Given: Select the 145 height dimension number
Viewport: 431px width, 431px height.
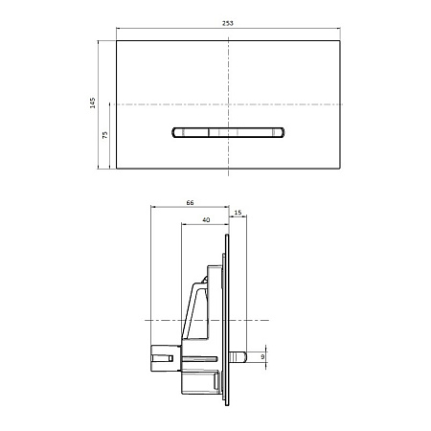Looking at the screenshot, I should tap(94, 103).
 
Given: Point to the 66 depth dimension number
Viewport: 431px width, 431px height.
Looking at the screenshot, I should tap(190, 204).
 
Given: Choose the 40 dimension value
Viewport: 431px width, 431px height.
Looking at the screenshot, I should tap(206, 221).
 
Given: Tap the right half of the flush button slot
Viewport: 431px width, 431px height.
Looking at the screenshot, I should tap(255, 133).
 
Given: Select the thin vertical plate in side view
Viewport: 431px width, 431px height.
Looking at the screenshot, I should tap(227, 316).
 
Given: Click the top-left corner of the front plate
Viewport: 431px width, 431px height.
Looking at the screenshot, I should tap(116, 39).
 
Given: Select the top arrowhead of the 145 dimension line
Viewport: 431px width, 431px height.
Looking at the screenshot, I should tap(101, 41).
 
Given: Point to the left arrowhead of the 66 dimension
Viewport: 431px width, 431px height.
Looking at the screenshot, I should tap(153, 209).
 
